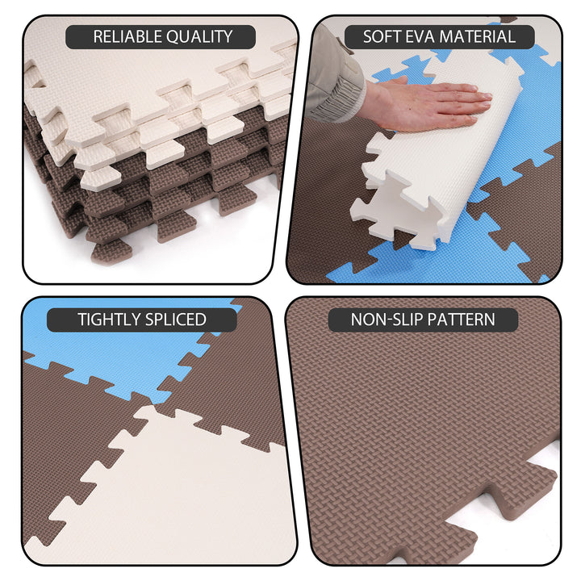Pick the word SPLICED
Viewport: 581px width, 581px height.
pyautogui.click(x=174, y=319)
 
